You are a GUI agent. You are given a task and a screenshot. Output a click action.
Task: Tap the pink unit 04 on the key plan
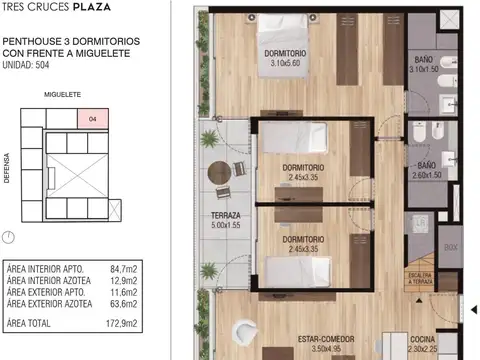tap(92, 119)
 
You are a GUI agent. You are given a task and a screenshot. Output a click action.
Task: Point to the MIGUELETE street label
tap(61, 96)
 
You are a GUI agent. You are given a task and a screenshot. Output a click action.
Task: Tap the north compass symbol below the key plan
tap(9, 237)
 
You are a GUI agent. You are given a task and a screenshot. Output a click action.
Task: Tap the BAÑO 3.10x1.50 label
tap(423, 66)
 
